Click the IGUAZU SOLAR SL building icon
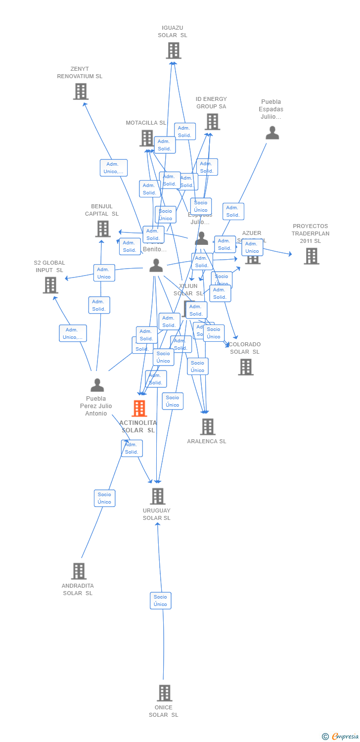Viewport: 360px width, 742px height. point(174,50)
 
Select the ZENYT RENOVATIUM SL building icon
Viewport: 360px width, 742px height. point(81,92)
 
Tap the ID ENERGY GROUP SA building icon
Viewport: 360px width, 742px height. point(212,122)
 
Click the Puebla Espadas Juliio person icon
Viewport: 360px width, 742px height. point(272,133)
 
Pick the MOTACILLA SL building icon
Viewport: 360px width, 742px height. point(147,138)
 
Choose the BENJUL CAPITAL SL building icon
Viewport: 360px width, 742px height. point(102,229)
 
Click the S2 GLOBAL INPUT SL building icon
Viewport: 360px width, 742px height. point(50,285)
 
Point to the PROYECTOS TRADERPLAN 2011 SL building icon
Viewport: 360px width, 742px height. point(311,256)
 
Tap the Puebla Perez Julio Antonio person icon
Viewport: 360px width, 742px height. point(97,385)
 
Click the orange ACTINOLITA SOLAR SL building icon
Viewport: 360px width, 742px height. point(139,409)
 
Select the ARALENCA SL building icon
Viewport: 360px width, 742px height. point(207,426)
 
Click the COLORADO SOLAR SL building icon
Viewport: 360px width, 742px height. point(245,367)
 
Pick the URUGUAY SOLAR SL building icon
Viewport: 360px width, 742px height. point(157,496)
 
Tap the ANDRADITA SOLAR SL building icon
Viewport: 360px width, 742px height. point(79,571)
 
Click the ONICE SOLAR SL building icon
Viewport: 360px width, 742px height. point(164,693)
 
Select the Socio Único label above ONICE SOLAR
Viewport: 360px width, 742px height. point(160,601)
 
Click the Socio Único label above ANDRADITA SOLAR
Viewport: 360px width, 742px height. point(104,498)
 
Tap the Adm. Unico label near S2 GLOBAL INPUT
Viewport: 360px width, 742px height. point(104,273)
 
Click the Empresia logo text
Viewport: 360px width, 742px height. point(345,737)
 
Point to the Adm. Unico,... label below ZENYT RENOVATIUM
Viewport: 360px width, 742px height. point(113,168)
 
